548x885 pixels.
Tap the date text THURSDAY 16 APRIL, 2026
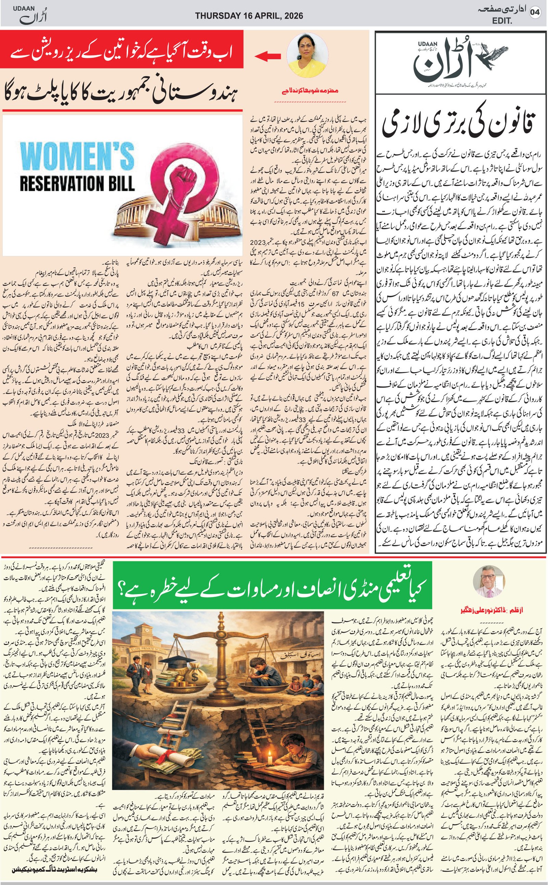point(249,15)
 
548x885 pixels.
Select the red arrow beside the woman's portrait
point(268,56)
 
